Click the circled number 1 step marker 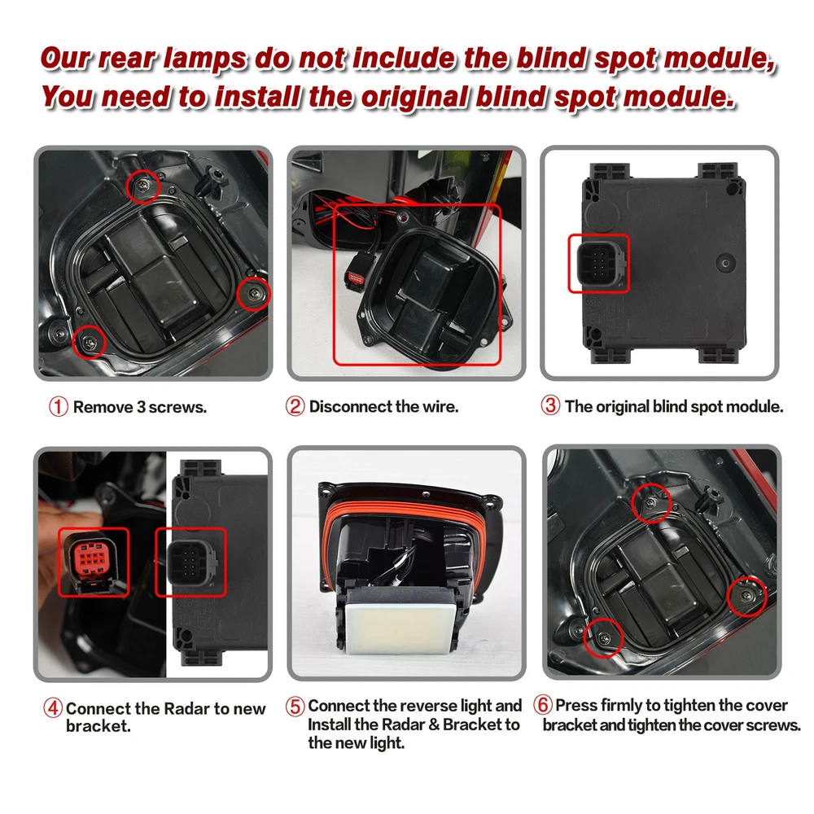(x=59, y=407)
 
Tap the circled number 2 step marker (x=295, y=406)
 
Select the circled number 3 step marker (x=550, y=405)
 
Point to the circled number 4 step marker (x=53, y=708)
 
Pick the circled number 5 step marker (x=295, y=706)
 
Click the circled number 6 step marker (x=542, y=705)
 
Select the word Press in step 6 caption (x=574, y=706)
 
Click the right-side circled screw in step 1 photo (x=254, y=294)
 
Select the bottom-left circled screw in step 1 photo (x=89, y=342)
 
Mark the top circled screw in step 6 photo (x=651, y=502)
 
